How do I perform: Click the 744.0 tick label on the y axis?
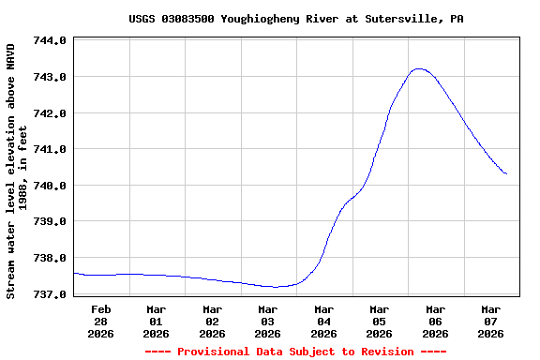(49, 41)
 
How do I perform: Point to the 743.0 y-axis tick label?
(49, 77)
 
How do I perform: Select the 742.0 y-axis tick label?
(49, 113)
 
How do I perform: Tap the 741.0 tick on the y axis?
(49, 149)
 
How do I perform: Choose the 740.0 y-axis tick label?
(49, 186)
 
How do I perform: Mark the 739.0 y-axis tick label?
(49, 222)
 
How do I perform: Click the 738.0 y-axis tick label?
(49, 258)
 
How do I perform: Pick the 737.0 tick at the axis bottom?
(49, 294)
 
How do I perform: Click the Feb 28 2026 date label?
(100, 321)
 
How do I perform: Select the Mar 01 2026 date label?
(156, 321)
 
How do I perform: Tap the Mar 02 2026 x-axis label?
(212, 321)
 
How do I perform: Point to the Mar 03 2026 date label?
(267, 321)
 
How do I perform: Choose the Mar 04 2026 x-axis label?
(323, 321)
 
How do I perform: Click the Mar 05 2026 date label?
(379, 321)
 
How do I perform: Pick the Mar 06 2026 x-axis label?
(435, 321)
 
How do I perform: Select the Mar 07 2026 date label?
(490, 321)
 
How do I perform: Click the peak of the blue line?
(418, 68)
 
